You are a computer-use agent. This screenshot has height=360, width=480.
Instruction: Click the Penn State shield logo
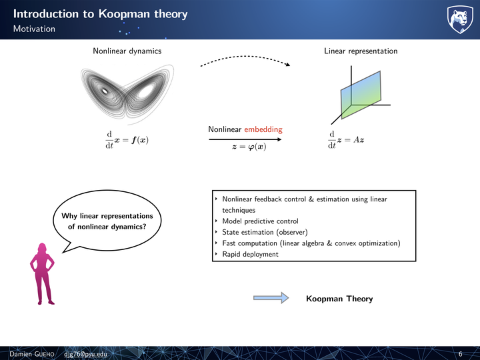tap(460, 19)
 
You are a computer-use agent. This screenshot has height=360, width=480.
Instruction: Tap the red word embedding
tap(263, 129)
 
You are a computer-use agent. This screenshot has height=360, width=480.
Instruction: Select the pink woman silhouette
tap(42, 274)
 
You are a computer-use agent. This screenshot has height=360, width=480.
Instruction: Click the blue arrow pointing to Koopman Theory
tap(271, 298)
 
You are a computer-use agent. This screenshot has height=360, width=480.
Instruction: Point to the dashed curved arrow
tap(245, 57)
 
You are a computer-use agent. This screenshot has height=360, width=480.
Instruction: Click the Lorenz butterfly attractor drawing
tap(127, 94)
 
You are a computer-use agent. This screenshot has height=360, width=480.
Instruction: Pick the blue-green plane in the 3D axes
tap(361, 95)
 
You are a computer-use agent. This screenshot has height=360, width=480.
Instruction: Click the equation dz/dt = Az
tap(346, 140)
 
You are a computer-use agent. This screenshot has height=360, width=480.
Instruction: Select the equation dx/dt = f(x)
tap(127, 140)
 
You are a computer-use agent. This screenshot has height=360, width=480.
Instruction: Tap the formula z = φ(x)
tap(249, 147)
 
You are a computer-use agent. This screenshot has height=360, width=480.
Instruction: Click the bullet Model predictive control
tap(260, 221)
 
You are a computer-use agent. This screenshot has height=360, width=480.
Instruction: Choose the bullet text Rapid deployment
tap(250, 254)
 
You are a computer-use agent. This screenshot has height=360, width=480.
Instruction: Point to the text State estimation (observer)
tap(265, 232)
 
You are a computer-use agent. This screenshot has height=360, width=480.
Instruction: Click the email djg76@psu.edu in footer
tap(86, 354)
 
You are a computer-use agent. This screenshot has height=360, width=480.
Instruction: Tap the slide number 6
tap(461, 354)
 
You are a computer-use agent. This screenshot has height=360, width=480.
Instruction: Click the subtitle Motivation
tap(34, 29)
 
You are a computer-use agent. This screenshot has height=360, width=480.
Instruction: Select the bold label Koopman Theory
tap(339, 299)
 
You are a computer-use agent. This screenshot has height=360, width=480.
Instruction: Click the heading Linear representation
tap(361, 51)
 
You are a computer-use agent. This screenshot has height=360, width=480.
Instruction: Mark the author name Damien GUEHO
tap(32, 354)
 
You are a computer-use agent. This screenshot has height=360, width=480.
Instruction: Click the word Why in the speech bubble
tap(69, 216)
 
